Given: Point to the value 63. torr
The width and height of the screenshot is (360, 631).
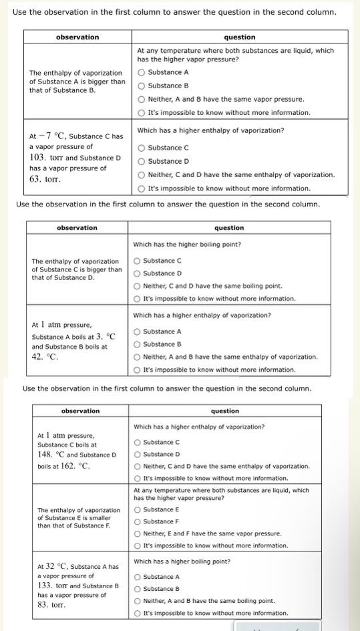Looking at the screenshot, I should coord(45,179).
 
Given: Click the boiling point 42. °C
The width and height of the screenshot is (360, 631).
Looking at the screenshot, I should coord(45,357).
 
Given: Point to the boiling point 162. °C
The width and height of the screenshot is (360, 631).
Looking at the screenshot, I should coord(75,465).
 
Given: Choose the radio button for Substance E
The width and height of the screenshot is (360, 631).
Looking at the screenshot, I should coord(138,509).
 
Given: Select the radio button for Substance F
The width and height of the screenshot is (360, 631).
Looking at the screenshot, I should coord(138,521).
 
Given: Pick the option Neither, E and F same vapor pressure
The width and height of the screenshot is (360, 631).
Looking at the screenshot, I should coord(138,533).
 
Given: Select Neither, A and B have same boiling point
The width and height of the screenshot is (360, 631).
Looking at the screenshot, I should coord(138,601).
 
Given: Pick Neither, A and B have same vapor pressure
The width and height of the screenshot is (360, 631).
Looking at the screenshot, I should coord(142,99).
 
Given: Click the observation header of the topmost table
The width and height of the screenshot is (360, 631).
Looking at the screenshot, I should coord(77,37).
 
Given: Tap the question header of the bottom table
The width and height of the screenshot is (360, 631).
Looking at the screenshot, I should coord(224,411).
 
